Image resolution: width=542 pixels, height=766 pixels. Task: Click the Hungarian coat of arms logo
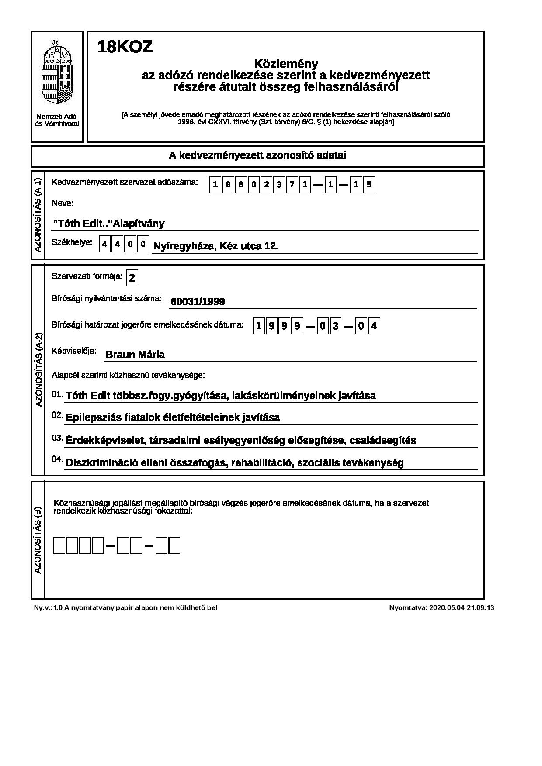coord(57,72)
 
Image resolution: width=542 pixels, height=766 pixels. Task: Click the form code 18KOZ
coord(125,47)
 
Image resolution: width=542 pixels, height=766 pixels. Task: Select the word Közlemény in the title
coord(286,64)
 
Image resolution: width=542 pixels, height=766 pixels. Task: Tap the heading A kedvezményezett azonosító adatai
coord(257,155)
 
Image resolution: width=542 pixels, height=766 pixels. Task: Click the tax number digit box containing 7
coord(292,185)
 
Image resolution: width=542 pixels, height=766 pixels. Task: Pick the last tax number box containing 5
coord(369,185)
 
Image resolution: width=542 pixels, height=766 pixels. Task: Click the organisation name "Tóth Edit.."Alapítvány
coord(109,224)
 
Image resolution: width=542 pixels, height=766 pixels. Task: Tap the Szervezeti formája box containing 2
coord(132,278)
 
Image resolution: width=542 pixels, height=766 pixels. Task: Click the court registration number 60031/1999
coord(198,301)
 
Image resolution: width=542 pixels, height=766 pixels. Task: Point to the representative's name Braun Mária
coord(135,355)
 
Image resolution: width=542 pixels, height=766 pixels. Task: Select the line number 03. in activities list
coord(57,438)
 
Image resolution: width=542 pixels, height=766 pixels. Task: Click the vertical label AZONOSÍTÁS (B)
coord(38,540)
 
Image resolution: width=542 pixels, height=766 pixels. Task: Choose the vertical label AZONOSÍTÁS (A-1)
coord(38,215)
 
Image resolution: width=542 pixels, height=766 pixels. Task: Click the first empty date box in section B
coord(59,546)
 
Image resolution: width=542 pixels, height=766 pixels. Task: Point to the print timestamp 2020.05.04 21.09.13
coord(462,607)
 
